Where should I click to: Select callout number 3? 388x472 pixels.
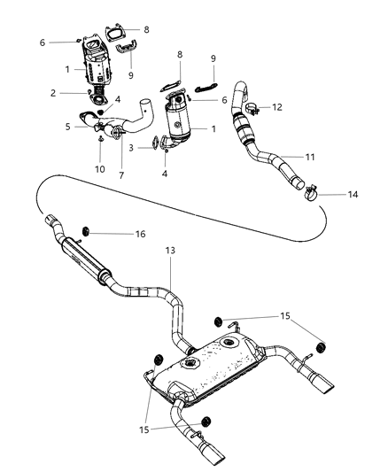click(x=130, y=147)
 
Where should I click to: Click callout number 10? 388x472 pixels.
click(x=99, y=168)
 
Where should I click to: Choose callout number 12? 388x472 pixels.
click(x=277, y=107)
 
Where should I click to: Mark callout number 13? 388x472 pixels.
click(x=169, y=251)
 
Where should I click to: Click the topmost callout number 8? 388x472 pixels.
click(x=146, y=29)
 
